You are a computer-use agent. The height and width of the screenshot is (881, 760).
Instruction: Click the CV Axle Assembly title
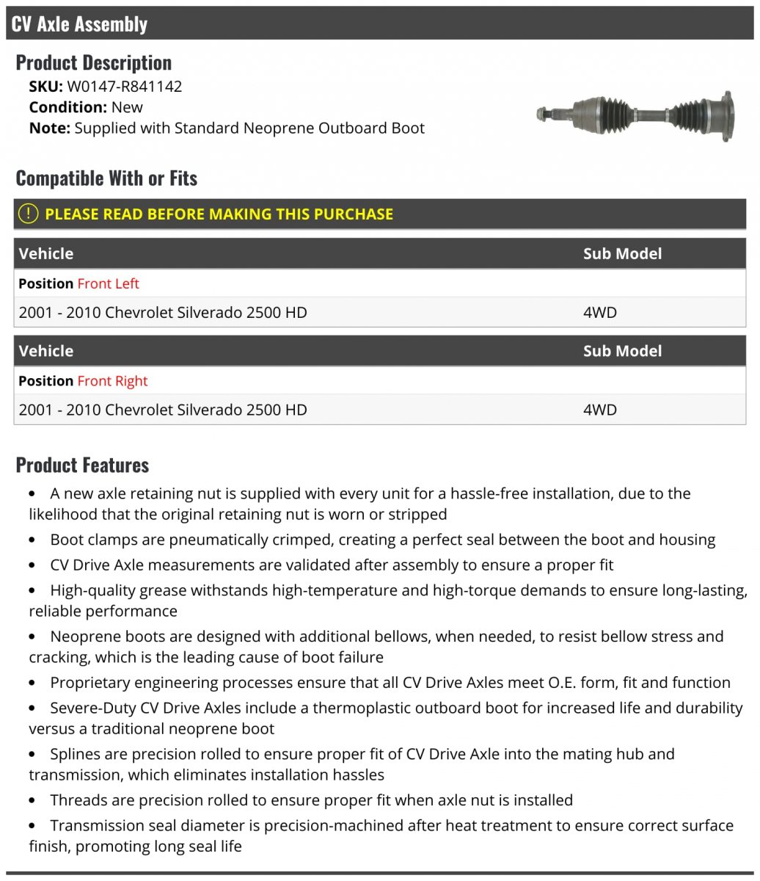pyautogui.click(x=79, y=24)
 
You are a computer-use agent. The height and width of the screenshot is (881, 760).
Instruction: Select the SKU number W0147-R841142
pyautogui.click(x=125, y=86)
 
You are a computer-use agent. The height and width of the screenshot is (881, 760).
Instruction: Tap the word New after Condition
pyautogui.click(x=127, y=107)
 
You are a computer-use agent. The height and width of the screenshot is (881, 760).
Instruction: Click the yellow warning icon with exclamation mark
pyautogui.click(x=27, y=214)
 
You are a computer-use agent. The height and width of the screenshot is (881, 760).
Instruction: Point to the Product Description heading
pyautogui.click(x=93, y=62)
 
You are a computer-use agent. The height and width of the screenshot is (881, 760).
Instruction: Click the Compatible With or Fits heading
pyautogui.click(x=106, y=178)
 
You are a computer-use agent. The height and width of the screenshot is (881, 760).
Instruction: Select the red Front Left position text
pyautogui.click(x=108, y=283)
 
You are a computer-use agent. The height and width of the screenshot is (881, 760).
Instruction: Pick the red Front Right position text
pyautogui.click(x=112, y=381)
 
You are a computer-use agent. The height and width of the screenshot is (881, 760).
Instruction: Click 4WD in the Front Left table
pyautogui.click(x=599, y=312)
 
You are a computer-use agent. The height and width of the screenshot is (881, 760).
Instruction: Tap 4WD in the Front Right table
pyautogui.click(x=599, y=410)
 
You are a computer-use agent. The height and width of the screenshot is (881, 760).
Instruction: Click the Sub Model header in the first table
pyautogui.click(x=622, y=253)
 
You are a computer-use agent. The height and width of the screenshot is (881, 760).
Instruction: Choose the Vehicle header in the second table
pyautogui.click(x=46, y=351)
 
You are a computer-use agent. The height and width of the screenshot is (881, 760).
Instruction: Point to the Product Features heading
pyautogui.click(x=82, y=465)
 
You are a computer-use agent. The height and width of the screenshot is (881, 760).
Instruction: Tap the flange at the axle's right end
pyautogui.click(x=726, y=116)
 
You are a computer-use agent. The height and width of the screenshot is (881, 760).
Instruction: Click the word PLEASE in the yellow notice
pyautogui.click(x=71, y=214)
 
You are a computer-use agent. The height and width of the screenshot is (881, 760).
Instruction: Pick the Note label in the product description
pyautogui.click(x=49, y=128)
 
